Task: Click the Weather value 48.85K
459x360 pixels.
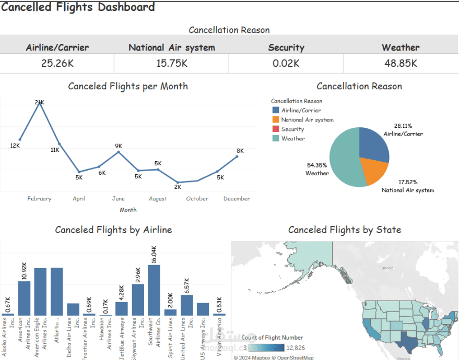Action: (401, 63)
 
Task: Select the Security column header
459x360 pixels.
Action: (286, 47)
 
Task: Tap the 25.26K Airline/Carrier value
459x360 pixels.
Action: (57, 63)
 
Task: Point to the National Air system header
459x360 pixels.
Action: (171, 47)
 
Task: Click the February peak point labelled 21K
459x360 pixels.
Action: (39, 103)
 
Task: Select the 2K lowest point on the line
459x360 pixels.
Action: (178, 182)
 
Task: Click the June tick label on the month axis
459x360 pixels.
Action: (119, 198)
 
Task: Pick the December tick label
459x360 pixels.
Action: (237, 198)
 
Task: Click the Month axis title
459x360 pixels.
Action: (128, 210)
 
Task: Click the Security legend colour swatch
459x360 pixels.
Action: (276, 129)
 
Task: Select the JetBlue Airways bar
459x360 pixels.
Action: (121, 308)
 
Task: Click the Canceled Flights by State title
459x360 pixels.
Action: (345, 230)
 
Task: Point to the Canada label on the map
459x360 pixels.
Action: (385, 268)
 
